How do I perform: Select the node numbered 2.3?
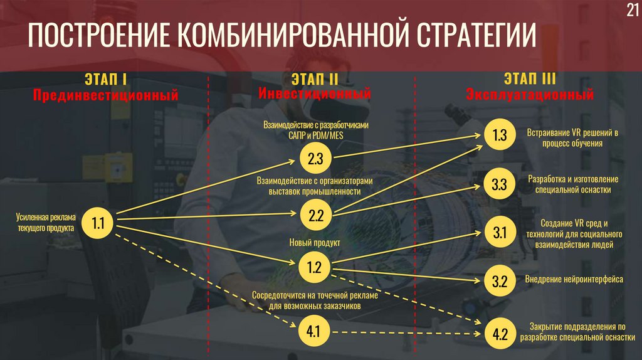[315, 159]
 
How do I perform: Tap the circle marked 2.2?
[315, 216]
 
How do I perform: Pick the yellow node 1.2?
[315, 268]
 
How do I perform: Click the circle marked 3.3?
[499, 185]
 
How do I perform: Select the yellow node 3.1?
[499, 233]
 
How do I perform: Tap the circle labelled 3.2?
[499, 281]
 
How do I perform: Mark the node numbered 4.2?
[499, 333]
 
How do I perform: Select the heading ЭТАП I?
[105, 80]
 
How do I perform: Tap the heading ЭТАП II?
[315, 80]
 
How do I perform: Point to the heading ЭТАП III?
[530, 80]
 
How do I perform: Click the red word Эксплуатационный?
[530, 96]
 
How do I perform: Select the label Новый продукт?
[314, 242]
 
